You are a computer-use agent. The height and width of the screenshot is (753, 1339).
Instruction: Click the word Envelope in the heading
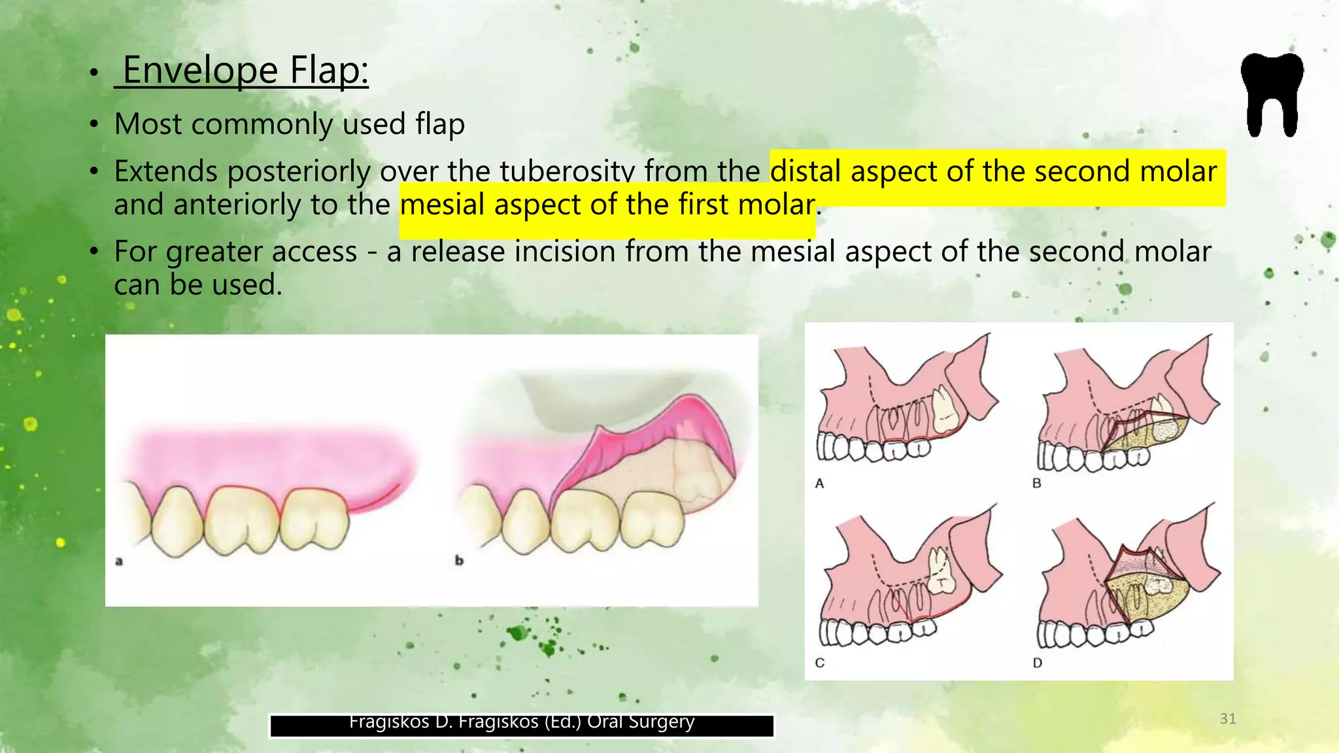200,70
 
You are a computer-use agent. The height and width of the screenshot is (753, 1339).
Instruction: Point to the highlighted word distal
805,171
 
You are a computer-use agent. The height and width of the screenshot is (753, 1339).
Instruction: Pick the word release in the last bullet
457,252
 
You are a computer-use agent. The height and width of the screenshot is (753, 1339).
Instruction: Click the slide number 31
1228,719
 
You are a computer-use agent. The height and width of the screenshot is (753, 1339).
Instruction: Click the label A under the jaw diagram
819,484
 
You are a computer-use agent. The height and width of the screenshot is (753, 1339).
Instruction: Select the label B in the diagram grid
1036,484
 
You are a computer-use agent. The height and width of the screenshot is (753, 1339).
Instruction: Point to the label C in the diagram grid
819,663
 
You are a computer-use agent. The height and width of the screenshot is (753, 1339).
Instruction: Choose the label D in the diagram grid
1037,663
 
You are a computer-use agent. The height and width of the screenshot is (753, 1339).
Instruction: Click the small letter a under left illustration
119,561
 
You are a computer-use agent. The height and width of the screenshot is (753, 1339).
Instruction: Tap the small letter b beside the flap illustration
459,561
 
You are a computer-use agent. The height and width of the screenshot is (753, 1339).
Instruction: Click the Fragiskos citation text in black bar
521,723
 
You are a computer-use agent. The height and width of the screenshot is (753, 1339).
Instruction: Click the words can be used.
197,285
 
